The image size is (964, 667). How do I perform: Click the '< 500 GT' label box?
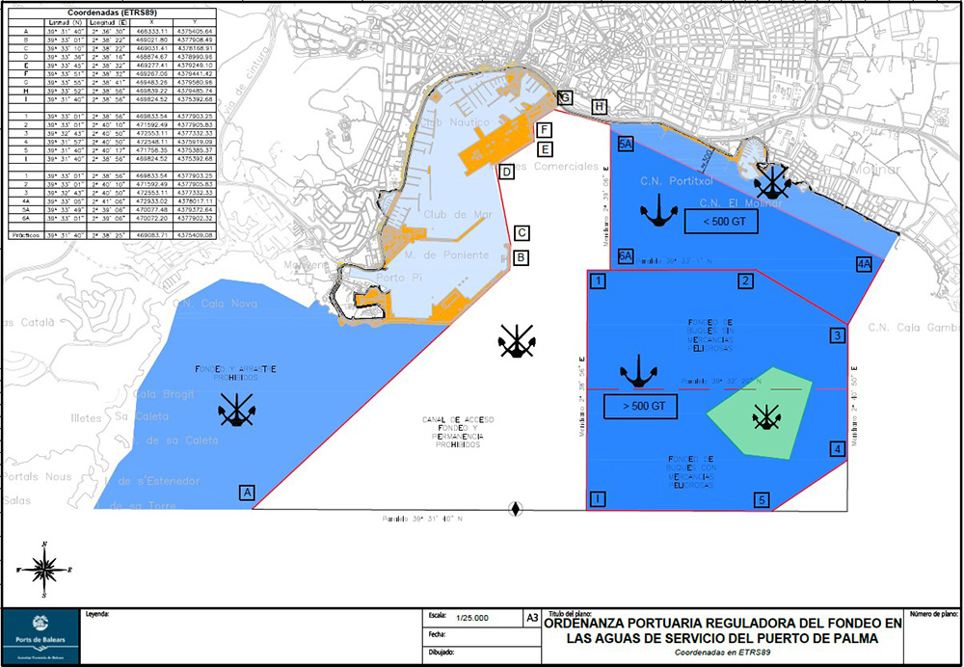tap(721, 222)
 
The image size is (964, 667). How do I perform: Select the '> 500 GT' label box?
tap(641, 407)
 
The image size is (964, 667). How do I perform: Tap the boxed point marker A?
tap(248, 494)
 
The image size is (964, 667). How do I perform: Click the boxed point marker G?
tap(565, 97)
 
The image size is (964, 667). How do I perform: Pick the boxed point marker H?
tap(600, 107)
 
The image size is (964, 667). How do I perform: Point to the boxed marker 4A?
tap(863, 263)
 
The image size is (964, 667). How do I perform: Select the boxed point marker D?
tap(506, 172)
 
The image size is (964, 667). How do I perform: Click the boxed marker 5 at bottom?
tap(762, 500)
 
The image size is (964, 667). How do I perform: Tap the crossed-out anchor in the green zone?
tap(766, 416)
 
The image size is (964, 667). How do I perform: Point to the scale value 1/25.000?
tap(471, 617)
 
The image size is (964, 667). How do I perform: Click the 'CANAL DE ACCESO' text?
tap(458, 420)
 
